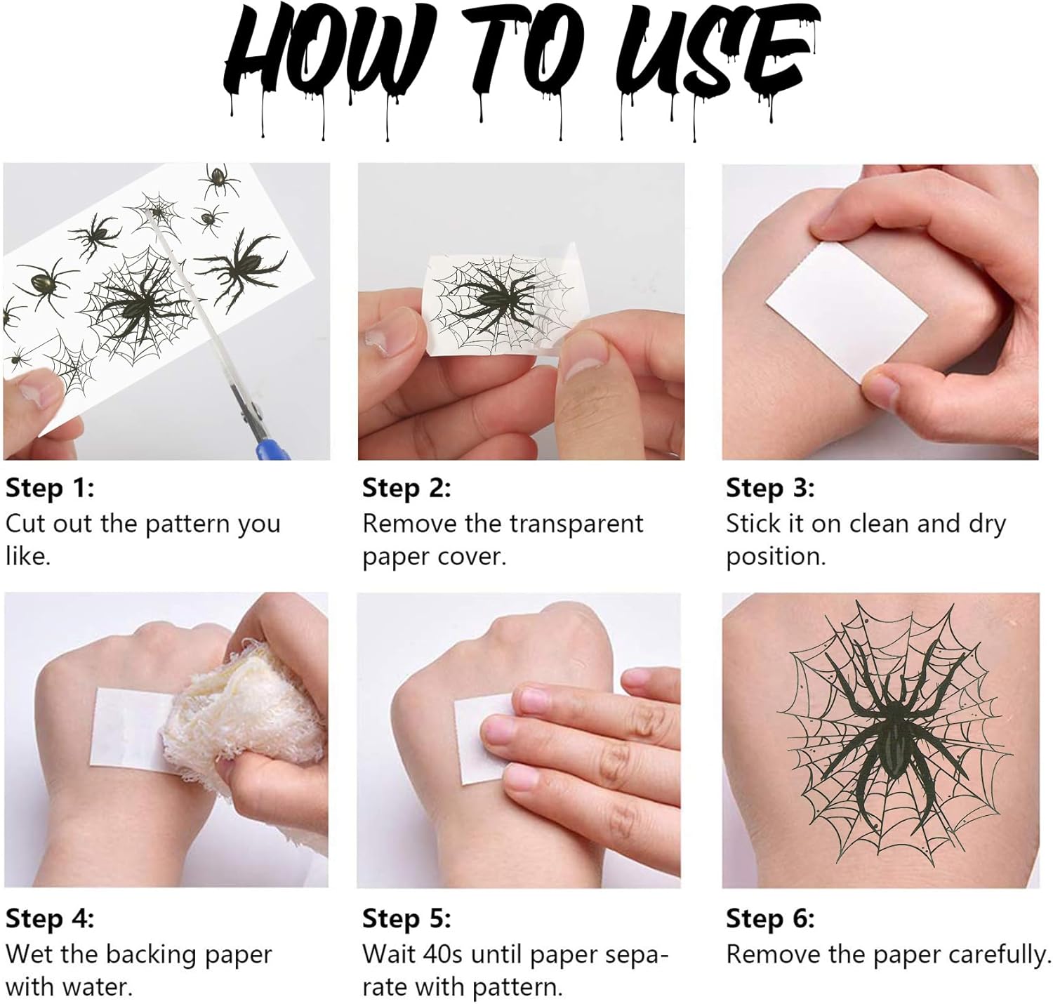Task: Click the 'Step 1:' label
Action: pyautogui.click(x=50, y=489)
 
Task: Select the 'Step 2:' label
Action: pyautogui.click(x=406, y=489)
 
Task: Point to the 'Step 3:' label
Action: pyautogui.click(x=770, y=489)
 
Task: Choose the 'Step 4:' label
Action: pyautogui.click(x=50, y=918)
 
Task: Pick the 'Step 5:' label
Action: pyautogui.click(x=406, y=918)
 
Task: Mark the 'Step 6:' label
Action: pyautogui.click(x=770, y=918)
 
